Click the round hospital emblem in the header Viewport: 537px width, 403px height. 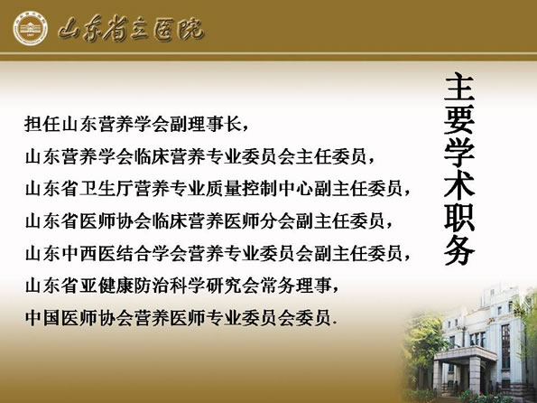pos(31,28)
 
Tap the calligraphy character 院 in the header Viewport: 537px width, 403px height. pos(190,29)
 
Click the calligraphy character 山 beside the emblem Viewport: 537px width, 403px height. pos(70,29)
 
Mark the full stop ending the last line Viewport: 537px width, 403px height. pos(335,323)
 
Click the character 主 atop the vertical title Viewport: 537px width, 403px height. pos(458,88)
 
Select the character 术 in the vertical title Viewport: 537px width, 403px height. pos(458,185)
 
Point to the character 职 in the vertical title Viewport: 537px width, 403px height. pos(458,218)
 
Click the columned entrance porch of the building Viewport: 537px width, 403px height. pos(465,370)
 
